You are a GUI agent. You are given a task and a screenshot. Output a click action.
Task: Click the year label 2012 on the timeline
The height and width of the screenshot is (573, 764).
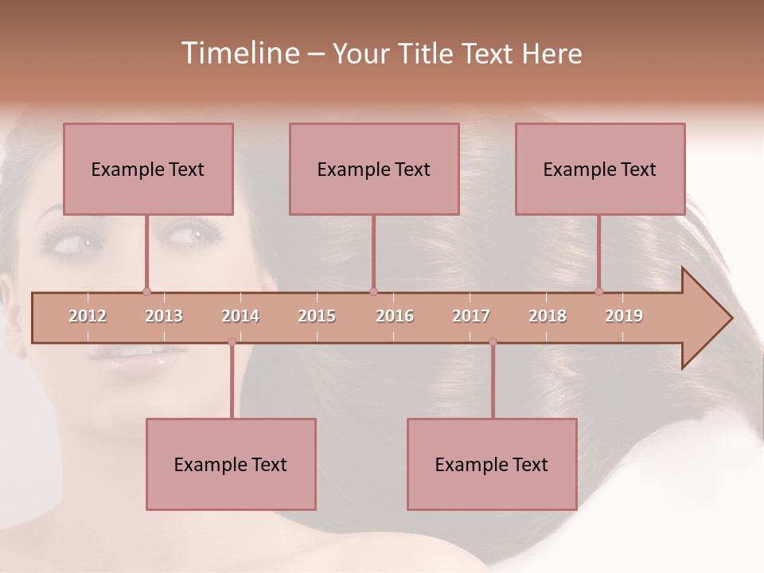pos(88,316)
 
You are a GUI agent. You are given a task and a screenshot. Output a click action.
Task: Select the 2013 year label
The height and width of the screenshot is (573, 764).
pos(164,316)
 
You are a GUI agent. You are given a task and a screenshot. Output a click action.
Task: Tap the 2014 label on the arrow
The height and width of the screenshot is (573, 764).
pos(240,316)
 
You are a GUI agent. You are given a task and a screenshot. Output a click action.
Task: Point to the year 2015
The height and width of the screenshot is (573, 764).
pos(317,316)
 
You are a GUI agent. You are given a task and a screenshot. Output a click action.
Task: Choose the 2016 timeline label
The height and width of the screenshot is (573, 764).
pos(395,316)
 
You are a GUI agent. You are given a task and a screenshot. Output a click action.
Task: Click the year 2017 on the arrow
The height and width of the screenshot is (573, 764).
pos(471,316)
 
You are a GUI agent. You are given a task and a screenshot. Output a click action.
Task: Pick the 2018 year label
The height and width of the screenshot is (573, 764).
pos(548,316)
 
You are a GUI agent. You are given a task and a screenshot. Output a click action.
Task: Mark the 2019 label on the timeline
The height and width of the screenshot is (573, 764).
pos(624,316)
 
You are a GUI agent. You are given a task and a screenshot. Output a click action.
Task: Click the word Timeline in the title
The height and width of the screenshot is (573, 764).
pos(238,53)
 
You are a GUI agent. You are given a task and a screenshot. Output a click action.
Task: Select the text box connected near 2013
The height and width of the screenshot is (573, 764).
pos(148,169)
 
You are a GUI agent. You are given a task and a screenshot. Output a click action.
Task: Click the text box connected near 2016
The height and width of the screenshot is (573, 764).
pos(374,169)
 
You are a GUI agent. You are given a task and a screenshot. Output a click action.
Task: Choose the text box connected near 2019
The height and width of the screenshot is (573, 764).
pos(600,169)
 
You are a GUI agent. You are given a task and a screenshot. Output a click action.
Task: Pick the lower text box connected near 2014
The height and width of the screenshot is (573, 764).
pos(231,464)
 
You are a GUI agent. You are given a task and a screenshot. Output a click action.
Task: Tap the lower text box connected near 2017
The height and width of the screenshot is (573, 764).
pos(492,464)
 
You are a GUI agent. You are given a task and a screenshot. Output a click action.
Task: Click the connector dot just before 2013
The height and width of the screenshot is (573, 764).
pos(146,292)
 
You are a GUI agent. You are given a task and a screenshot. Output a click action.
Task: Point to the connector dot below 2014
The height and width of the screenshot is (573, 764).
pos(232,341)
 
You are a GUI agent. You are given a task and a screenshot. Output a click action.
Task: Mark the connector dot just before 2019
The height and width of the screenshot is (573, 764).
pos(598,291)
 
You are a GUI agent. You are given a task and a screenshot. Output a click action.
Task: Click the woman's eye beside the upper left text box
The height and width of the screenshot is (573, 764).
pos(188,236)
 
